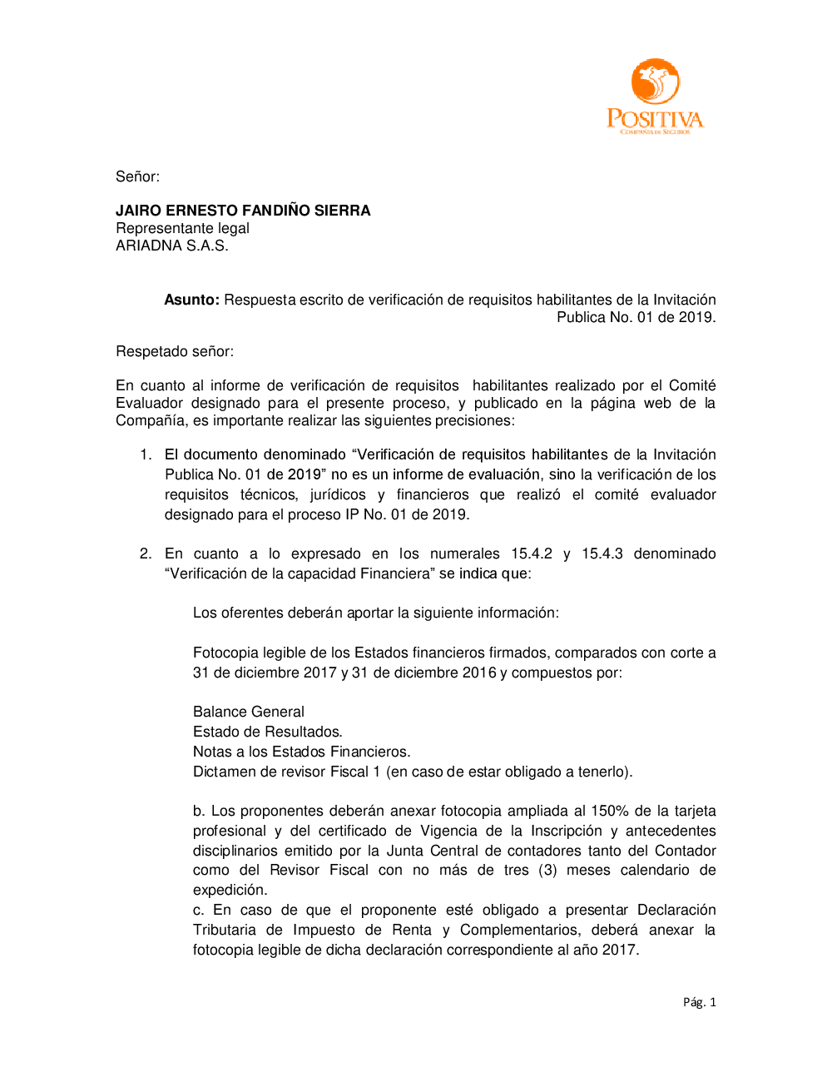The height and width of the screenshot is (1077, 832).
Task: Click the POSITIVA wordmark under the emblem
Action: [x=655, y=119]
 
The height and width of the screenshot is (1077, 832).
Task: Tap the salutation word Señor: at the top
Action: [x=137, y=176]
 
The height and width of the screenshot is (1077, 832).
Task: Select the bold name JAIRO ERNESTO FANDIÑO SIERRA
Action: [x=243, y=211]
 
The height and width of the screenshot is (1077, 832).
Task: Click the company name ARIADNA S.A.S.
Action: [x=171, y=246]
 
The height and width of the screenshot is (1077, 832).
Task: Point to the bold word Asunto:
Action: [x=191, y=300]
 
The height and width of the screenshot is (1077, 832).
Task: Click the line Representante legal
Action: [x=182, y=228]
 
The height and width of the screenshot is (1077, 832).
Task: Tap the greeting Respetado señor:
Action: [x=175, y=351]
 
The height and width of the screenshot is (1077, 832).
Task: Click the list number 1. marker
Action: [x=146, y=454]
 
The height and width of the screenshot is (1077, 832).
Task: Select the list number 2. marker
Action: [x=146, y=553]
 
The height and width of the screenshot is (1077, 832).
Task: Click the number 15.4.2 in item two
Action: [x=532, y=553]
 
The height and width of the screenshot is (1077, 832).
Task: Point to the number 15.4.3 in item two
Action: [x=602, y=553]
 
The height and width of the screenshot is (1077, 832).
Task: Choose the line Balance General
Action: [x=248, y=712]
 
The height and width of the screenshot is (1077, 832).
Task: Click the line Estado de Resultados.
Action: [x=267, y=732]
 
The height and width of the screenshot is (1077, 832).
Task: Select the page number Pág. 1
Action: [x=699, y=1002]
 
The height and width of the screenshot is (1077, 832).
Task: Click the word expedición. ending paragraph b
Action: [x=230, y=890]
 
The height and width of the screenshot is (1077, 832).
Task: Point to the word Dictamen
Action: [x=222, y=772]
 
